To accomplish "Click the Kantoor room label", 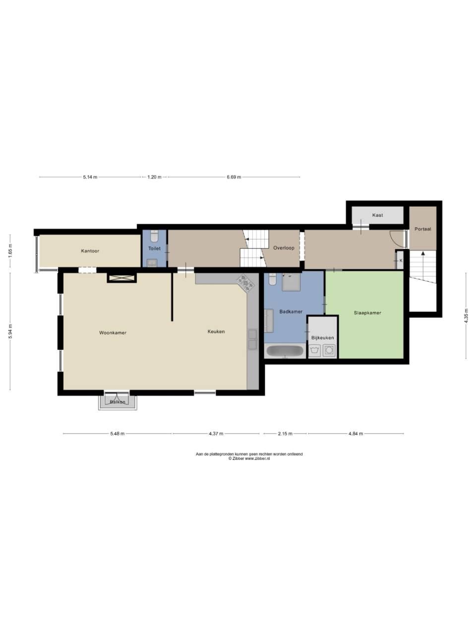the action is [90, 251].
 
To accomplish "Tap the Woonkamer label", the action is [113, 333].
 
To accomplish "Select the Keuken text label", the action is [216, 331].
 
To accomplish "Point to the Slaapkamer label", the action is [367, 313].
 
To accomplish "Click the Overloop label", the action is [284, 248].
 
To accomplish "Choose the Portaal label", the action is [422, 229].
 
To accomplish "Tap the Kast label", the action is [377, 215].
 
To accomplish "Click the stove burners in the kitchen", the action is [246, 282].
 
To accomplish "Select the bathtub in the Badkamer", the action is [285, 351].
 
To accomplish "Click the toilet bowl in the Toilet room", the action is [155, 236].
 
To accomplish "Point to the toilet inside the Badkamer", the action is [273, 279].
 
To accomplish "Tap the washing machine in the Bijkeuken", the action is [329, 350].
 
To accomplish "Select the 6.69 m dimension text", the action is [234, 177].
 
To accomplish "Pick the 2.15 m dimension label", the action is [285, 434].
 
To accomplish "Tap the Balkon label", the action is [118, 402].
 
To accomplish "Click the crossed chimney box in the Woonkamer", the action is [121, 278].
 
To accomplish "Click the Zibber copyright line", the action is [249, 458].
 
